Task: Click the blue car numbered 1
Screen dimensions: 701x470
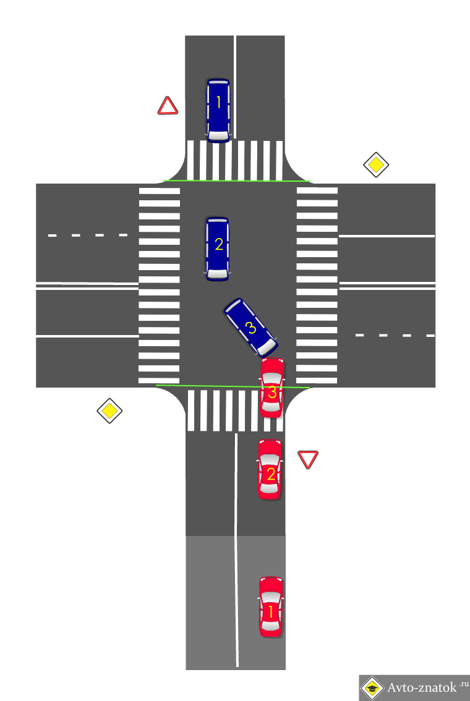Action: [x=218, y=110]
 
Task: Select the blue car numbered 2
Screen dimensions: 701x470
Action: [x=218, y=248]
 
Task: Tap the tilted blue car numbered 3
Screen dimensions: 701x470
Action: [x=250, y=326]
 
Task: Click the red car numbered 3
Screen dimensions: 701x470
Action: [x=272, y=388]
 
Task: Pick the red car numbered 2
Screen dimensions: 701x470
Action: [x=270, y=469]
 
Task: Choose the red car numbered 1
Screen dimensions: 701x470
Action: [x=270, y=606]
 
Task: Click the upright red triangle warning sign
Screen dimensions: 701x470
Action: [x=168, y=106]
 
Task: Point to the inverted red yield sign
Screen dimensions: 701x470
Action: [x=307, y=459]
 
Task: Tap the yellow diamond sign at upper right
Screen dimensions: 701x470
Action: [x=375, y=165]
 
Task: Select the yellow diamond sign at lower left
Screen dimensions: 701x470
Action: [x=109, y=410]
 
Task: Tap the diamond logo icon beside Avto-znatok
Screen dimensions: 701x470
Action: [x=371, y=687]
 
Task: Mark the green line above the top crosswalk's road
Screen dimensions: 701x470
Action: [x=235, y=181]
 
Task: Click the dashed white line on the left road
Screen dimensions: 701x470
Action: [x=88, y=236]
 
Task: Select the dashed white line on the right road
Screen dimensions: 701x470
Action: [x=395, y=335]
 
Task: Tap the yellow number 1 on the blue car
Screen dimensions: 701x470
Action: [x=218, y=103]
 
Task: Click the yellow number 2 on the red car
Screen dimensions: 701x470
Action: [x=270, y=474]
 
